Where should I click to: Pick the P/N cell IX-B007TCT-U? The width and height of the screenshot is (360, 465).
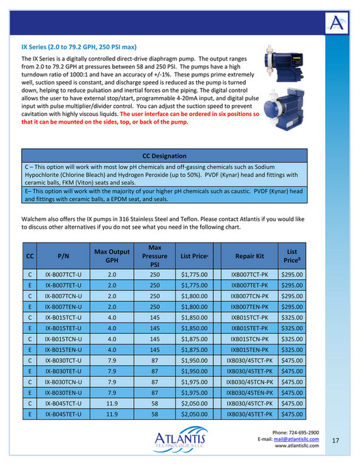(62, 273)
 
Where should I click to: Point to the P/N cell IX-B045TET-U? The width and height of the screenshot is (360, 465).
(62, 413)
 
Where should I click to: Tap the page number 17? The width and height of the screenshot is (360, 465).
(335, 440)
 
